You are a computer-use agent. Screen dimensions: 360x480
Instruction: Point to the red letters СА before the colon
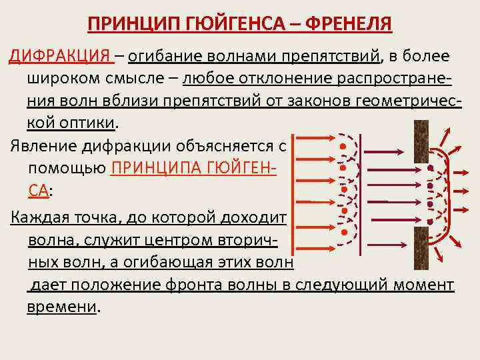pos(37,190)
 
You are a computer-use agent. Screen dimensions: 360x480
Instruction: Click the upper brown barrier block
pos(421,141)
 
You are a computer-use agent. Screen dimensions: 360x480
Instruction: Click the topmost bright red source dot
pos(343,146)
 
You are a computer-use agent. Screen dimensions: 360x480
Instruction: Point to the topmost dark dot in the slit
pos(431,167)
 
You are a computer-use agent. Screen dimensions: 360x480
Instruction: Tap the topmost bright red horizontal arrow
pos(317,139)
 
